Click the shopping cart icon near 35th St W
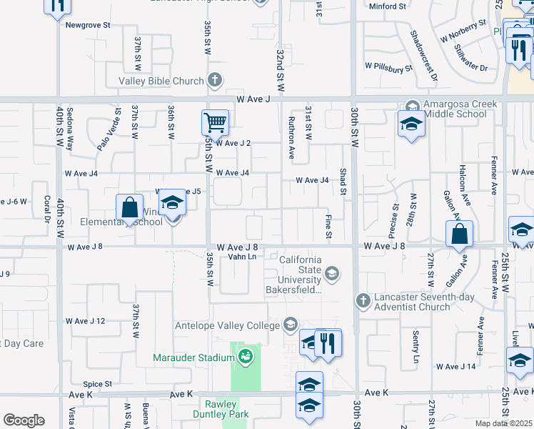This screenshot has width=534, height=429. click(x=215, y=123)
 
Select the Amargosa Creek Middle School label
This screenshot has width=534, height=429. click(x=460, y=109)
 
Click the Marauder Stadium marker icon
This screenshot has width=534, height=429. click(x=246, y=356)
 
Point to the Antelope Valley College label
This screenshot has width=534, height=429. click(x=228, y=325)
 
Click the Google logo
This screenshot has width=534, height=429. click(x=24, y=420)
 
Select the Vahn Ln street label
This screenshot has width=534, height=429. click(x=242, y=257)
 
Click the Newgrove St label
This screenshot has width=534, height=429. click(x=88, y=24)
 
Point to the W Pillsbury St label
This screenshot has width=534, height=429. click(x=389, y=66)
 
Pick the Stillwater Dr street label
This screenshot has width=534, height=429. click(x=470, y=59)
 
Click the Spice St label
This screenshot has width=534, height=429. click(x=98, y=384)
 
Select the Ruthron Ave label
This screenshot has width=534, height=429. click(x=291, y=137)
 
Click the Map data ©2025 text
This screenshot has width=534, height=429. click(x=503, y=423)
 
